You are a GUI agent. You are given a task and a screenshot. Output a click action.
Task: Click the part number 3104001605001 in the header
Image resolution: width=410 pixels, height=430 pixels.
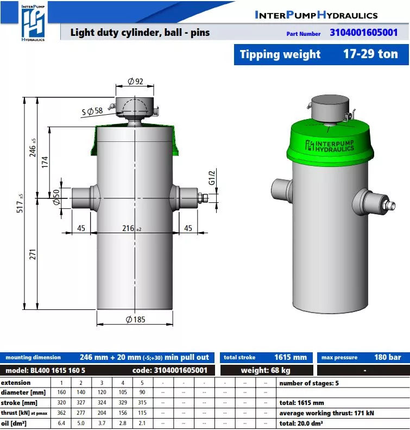[363, 33]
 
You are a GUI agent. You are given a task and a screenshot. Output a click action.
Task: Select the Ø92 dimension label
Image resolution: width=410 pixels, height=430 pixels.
[135, 82]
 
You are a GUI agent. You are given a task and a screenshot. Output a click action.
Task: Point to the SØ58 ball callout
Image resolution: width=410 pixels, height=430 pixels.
[92, 111]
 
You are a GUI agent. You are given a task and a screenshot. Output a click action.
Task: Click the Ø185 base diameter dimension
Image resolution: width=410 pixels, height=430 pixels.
[135, 320]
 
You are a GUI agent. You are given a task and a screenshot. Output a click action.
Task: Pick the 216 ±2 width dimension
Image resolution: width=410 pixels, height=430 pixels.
[132, 228]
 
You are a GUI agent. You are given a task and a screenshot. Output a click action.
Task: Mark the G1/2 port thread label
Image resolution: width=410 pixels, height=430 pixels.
[212, 178]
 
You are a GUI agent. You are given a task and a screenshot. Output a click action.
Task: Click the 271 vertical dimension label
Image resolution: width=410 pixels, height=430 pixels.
[33, 254]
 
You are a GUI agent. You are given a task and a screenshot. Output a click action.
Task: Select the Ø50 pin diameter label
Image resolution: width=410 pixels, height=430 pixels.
[56, 197]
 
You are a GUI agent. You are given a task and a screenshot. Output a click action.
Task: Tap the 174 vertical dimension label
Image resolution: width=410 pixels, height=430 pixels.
[45, 162]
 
